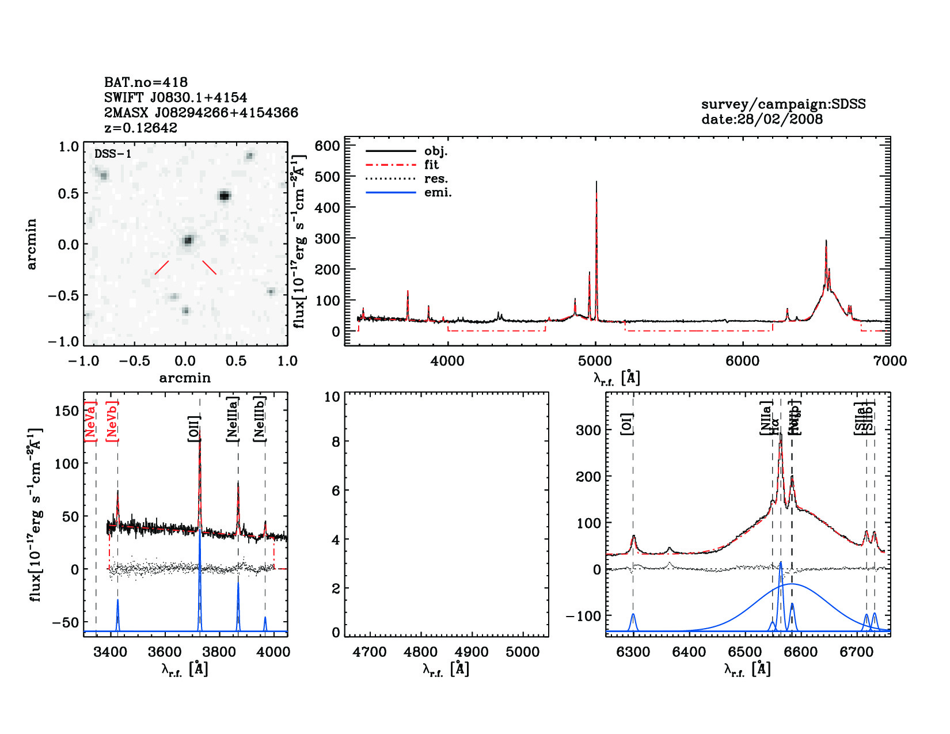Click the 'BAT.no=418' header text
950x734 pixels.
click(146, 82)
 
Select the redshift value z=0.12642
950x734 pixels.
click(140, 128)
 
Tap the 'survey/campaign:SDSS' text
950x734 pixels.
click(783, 104)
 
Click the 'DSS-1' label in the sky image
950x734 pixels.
click(113, 154)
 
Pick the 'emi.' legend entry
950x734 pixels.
click(438, 193)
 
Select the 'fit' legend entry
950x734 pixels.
click(431, 165)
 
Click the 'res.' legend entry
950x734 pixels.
click(436, 179)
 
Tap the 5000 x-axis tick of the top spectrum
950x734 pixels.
click(595, 361)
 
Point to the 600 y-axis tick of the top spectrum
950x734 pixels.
click(328, 146)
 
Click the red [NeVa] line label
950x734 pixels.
click(90, 421)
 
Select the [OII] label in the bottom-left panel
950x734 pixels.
click(193, 429)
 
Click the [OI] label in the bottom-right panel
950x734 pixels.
click(627, 424)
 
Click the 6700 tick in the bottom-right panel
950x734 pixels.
click(856, 652)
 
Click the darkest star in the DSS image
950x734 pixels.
click(224, 196)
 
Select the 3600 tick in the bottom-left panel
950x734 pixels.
click(165, 652)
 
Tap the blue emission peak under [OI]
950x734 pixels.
click(633, 615)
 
